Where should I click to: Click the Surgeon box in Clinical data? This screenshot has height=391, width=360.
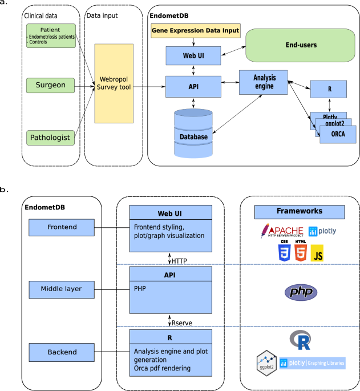tap(51, 86)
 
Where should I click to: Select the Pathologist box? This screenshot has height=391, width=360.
tap(51, 138)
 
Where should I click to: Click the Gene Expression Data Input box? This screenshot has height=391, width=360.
tap(195, 30)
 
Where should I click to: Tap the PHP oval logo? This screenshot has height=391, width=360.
tap(300, 293)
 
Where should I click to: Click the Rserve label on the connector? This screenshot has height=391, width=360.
tap(183, 323)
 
